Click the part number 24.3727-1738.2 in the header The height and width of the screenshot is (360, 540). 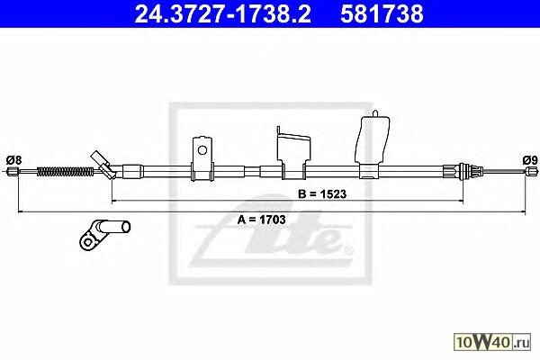pyautogui.click(x=222, y=14)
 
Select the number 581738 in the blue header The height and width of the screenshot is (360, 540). pyautogui.click(x=382, y=14)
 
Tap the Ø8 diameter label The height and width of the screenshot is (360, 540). pyautogui.click(x=14, y=160)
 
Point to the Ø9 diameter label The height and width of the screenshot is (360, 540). pyautogui.click(x=530, y=160)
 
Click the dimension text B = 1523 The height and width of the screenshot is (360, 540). pyautogui.click(x=322, y=194)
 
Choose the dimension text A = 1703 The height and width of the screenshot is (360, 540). pyautogui.click(x=261, y=220)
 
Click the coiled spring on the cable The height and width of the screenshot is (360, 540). pyautogui.click(x=65, y=171)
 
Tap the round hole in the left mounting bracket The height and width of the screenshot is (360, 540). pyautogui.click(x=202, y=150)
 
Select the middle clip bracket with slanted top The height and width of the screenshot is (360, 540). pyautogui.click(x=294, y=153)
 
